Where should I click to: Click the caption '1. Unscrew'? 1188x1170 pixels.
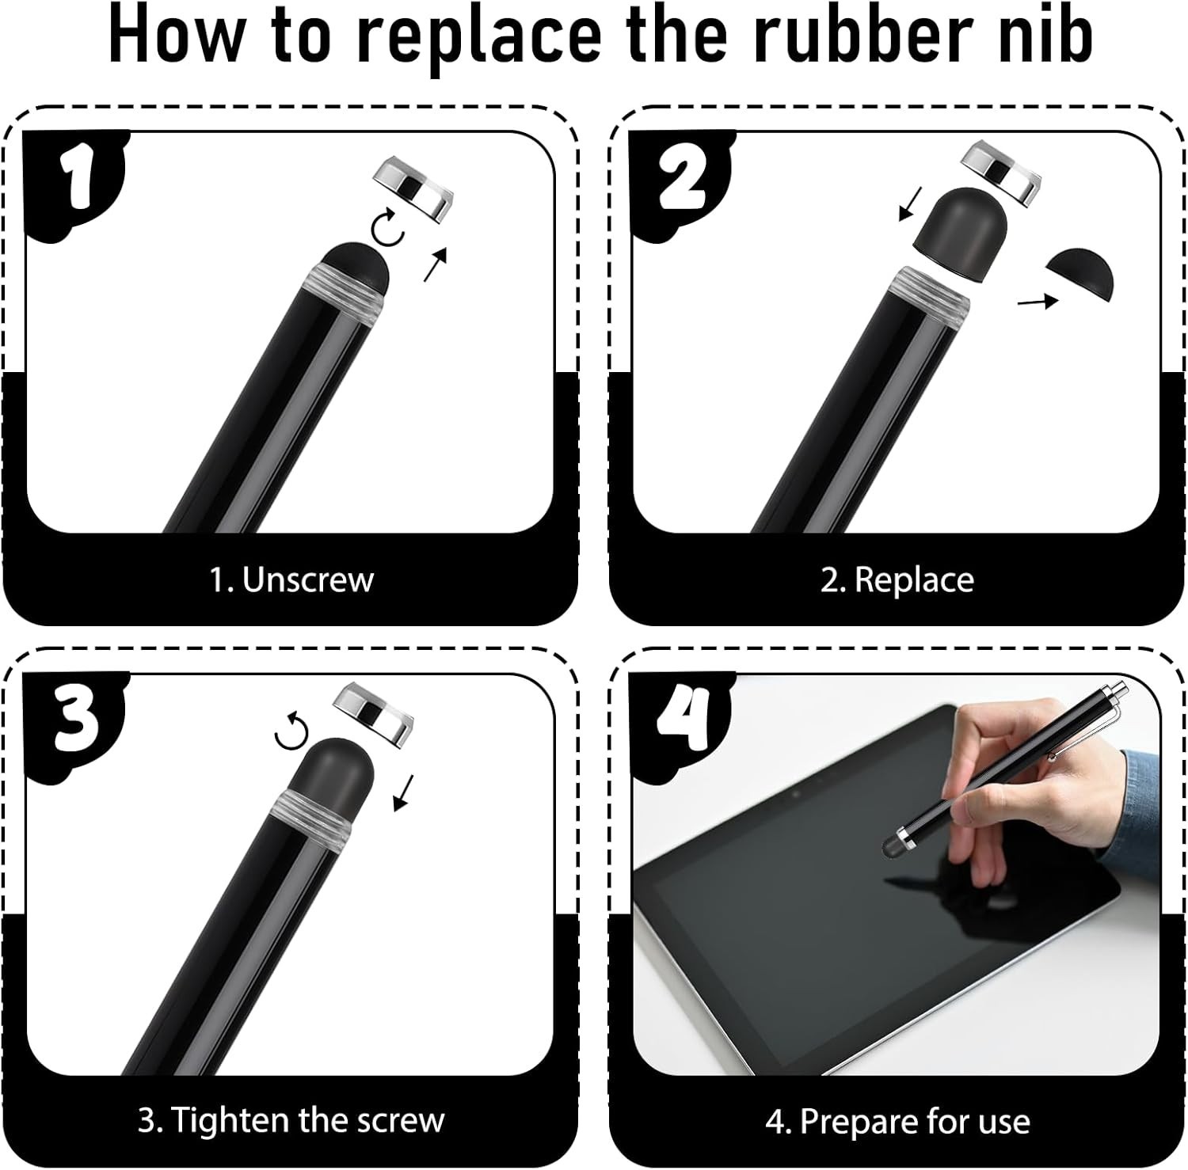[291, 579]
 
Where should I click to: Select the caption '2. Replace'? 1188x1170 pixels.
[897, 580]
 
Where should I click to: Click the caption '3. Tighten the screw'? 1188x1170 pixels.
[291, 1120]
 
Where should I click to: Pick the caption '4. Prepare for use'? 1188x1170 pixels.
[897, 1122]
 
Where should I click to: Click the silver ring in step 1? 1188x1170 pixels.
[410, 187]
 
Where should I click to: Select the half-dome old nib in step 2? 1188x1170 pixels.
[1079, 273]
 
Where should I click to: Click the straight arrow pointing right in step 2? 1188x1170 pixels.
[1038, 301]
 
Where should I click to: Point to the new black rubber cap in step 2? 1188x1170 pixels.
[956, 235]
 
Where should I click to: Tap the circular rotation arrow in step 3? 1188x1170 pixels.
[291, 730]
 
